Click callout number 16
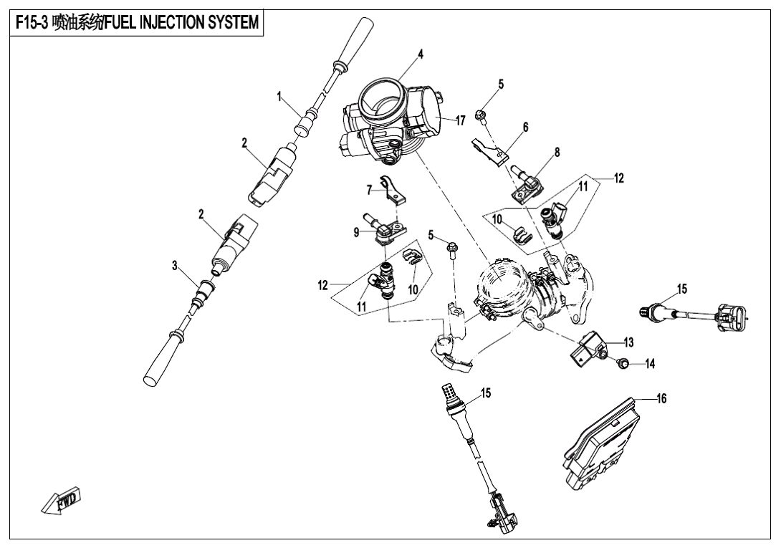(x=661, y=399)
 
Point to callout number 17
(x=461, y=121)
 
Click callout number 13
(x=629, y=342)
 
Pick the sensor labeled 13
(x=589, y=349)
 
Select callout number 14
(x=650, y=364)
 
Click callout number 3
(x=174, y=266)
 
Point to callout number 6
(x=525, y=127)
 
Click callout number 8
(x=557, y=152)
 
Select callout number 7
(x=370, y=191)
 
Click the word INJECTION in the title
(x=170, y=23)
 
